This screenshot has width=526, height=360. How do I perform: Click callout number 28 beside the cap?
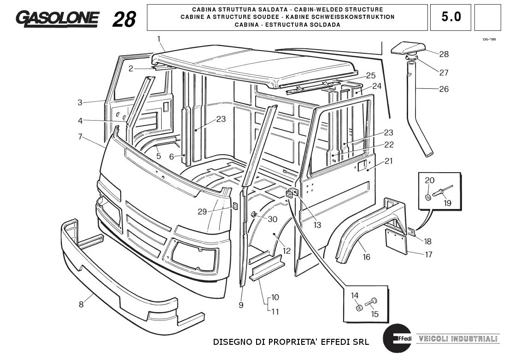444,54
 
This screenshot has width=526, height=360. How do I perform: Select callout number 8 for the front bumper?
81,304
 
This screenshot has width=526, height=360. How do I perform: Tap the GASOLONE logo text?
57,18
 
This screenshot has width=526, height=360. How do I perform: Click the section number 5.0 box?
450,17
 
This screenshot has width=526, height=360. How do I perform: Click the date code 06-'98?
489,40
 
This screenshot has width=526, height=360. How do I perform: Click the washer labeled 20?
428,197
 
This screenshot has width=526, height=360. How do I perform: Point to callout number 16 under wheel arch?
366,257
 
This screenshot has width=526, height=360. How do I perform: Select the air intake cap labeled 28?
408,47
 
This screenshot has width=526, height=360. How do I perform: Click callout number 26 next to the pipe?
444,89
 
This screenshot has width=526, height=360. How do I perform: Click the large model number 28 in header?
124,19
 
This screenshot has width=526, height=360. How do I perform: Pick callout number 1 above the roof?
159,39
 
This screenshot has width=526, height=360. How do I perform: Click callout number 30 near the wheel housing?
272,220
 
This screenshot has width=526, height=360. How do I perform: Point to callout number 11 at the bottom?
275,312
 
